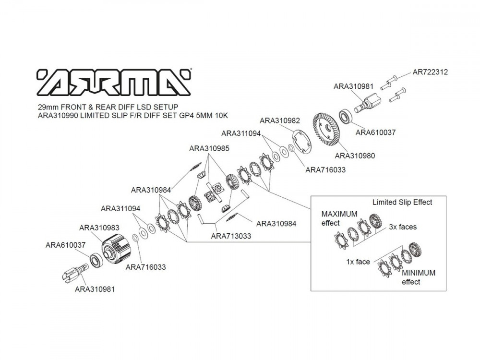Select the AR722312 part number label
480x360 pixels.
(x=430, y=72)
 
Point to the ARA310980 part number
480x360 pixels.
(x=355, y=156)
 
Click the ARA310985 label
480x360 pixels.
(x=209, y=148)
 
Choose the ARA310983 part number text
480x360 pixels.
(x=99, y=228)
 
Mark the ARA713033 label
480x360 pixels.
(x=231, y=236)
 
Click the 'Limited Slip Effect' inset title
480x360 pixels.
(x=402, y=202)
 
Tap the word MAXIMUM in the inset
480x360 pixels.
(x=339, y=214)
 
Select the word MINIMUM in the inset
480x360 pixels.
(x=419, y=273)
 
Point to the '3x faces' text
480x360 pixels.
(x=403, y=227)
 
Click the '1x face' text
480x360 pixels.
(x=358, y=262)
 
